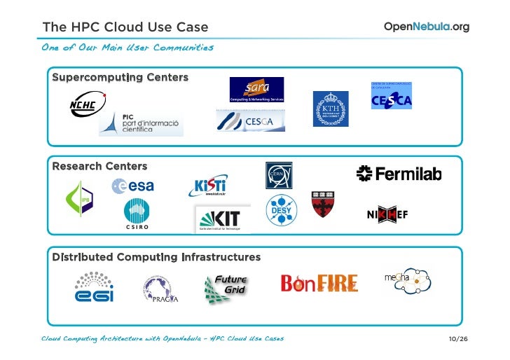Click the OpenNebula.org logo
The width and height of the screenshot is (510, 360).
pyautogui.click(x=426, y=27)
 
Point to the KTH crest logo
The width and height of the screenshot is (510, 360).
pyautogui.click(x=330, y=109)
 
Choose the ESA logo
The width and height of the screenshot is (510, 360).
pyautogui.click(x=132, y=186)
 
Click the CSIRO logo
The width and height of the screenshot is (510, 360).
pyautogui.click(x=137, y=215)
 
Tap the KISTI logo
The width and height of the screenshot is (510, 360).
pyautogui.click(x=207, y=186)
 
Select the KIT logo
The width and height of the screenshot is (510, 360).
pyautogui.click(x=221, y=219)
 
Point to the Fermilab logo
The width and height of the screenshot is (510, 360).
pyautogui.click(x=399, y=174)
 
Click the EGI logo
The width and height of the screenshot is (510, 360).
pyautogui.click(x=95, y=286)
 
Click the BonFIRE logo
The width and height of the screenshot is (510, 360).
pyautogui.click(x=319, y=283)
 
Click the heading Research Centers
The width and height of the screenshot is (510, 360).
pyautogui.click(x=99, y=167)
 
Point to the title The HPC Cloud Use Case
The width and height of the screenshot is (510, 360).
pyautogui.click(x=125, y=27)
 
